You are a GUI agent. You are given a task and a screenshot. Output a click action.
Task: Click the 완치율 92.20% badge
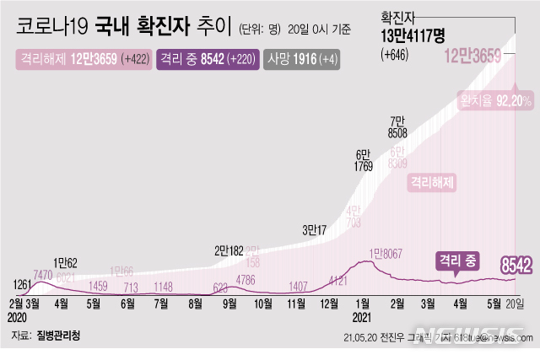(x=494, y=100)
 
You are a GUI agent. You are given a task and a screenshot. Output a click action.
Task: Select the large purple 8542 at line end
(x=516, y=266)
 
